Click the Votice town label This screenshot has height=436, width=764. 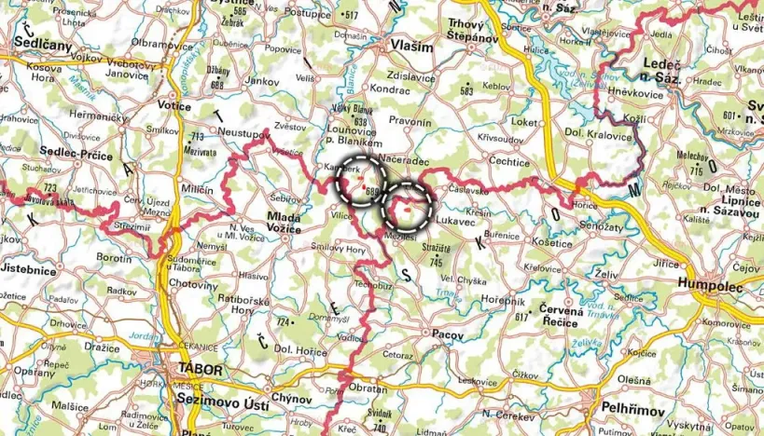coord(176,106)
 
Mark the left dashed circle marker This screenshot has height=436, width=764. coord(360,180)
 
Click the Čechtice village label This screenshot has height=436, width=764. coord(510,160)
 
